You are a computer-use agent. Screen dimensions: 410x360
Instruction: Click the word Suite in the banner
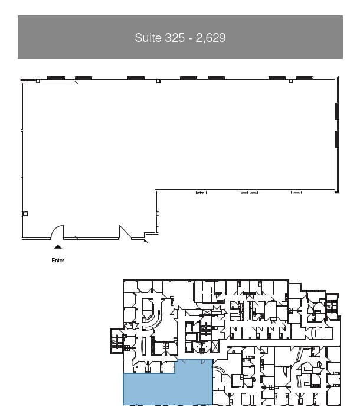click(148, 38)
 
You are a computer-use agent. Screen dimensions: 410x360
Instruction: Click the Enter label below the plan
click(58, 261)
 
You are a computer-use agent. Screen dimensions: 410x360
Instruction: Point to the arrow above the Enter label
click(58, 249)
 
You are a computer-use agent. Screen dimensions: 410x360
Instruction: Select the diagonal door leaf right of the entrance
click(126, 231)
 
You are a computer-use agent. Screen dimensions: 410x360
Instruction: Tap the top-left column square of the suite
click(38, 80)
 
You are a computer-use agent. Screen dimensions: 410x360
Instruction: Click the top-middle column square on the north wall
click(158, 80)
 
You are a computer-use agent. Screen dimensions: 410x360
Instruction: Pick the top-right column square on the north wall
click(290, 80)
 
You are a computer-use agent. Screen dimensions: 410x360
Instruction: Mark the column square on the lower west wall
click(25, 213)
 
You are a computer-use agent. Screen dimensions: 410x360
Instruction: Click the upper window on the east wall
click(336, 110)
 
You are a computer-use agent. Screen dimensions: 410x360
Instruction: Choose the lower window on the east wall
click(336, 139)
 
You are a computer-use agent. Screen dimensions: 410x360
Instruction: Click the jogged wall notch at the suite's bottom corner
click(148, 237)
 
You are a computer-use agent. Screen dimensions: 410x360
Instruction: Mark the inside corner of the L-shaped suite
click(156, 190)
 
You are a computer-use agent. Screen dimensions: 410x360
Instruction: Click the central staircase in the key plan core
click(206, 328)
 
